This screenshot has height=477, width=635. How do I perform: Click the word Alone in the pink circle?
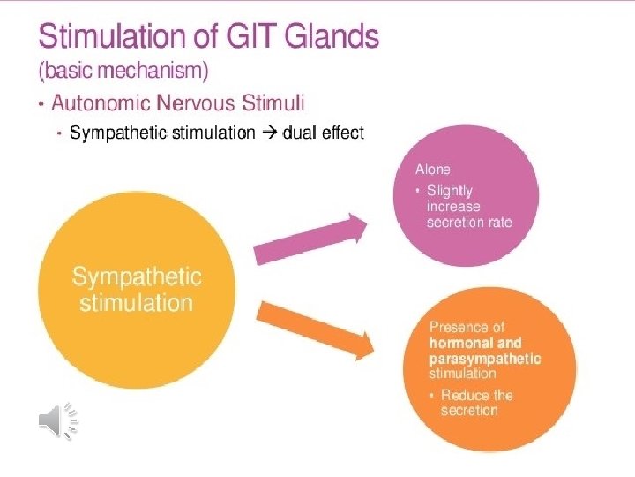tap(432, 169)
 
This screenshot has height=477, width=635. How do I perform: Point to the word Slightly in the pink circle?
tap(450, 190)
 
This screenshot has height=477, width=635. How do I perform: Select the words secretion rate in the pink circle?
tap(468, 222)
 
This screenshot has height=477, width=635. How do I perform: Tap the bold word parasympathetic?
tap(485, 359)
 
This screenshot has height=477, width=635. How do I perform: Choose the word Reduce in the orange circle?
tap(466, 395)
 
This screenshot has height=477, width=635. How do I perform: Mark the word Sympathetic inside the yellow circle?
tap(137, 276)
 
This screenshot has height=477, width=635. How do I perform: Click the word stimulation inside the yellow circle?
tap(136, 303)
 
